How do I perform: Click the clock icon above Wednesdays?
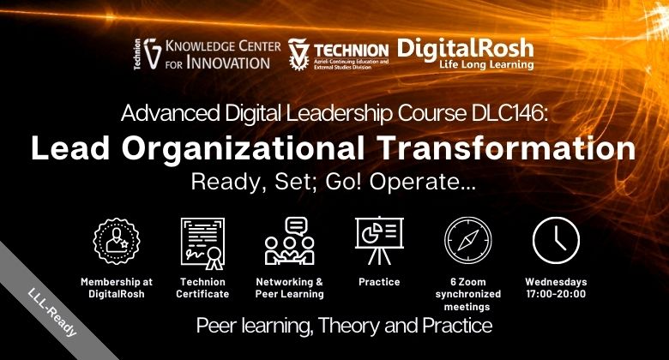(x=556, y=240)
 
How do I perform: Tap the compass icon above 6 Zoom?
(x=468, y=240)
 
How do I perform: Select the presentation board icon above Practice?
(x=379, y=241)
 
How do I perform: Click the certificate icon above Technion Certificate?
(x=202, y=243)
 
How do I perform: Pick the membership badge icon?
(x=117, y=241)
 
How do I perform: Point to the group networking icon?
(x=290, y=241)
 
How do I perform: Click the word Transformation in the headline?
(x=507, y=148)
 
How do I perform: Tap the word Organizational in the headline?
(x=244, y=149)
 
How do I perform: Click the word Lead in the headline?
(x=70, y=148)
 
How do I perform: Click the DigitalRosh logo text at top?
(x=466, y=49)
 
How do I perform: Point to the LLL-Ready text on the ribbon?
(x=52, y=313)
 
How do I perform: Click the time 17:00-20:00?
(x=556, y=294)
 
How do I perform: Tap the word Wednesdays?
(x=556, y=281)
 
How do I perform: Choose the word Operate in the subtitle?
(x=422, y=182)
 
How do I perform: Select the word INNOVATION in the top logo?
(x=228, y=63)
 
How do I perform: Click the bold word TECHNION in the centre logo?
(x=351, y=51)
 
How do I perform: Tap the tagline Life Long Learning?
(x=486, y=65)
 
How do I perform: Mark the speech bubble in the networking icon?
(x=296, y=225)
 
